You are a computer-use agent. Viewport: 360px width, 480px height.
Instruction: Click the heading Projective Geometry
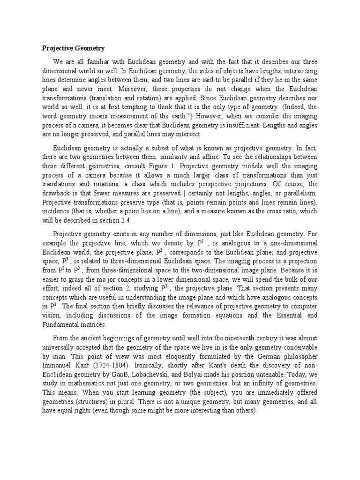click(x=73, y=48)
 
